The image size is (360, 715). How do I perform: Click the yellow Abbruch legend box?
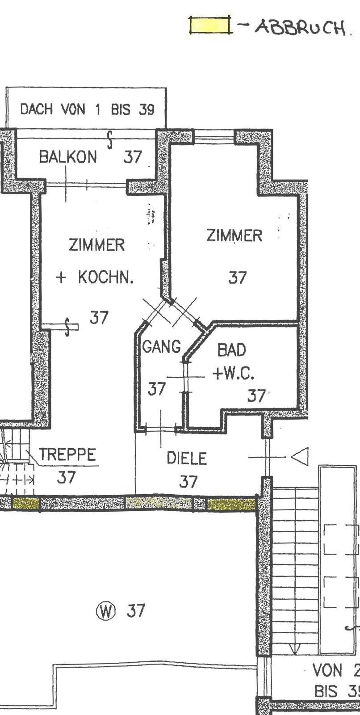[x=209, y=25]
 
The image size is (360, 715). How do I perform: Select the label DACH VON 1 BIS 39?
[x=87, y=109]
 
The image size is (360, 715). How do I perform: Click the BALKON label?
[x=67, y=157]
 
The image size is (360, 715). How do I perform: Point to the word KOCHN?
[x=106, y=277]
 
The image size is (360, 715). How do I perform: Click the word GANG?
[x=162, y=346]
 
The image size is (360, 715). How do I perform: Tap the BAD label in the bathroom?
[x=232, y=350]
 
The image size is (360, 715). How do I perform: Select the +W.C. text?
[x=234, y=374]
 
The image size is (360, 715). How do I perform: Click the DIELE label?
[x=187, y=458]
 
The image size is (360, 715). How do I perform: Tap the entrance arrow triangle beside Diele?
[x=300, y=457]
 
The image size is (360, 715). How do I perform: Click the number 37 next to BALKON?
[x=133, y=157]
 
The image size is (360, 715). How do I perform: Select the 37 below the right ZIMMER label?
[x=238, y=278]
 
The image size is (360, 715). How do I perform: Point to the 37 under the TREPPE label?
[x=66, y=477]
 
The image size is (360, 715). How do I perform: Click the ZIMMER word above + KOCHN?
[x=96, y=245]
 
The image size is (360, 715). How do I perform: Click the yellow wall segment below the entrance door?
[x=232, y=504]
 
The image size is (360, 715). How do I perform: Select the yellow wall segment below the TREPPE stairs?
[x=26, y=503]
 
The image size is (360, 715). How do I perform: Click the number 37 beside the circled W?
[x=136, y=610]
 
